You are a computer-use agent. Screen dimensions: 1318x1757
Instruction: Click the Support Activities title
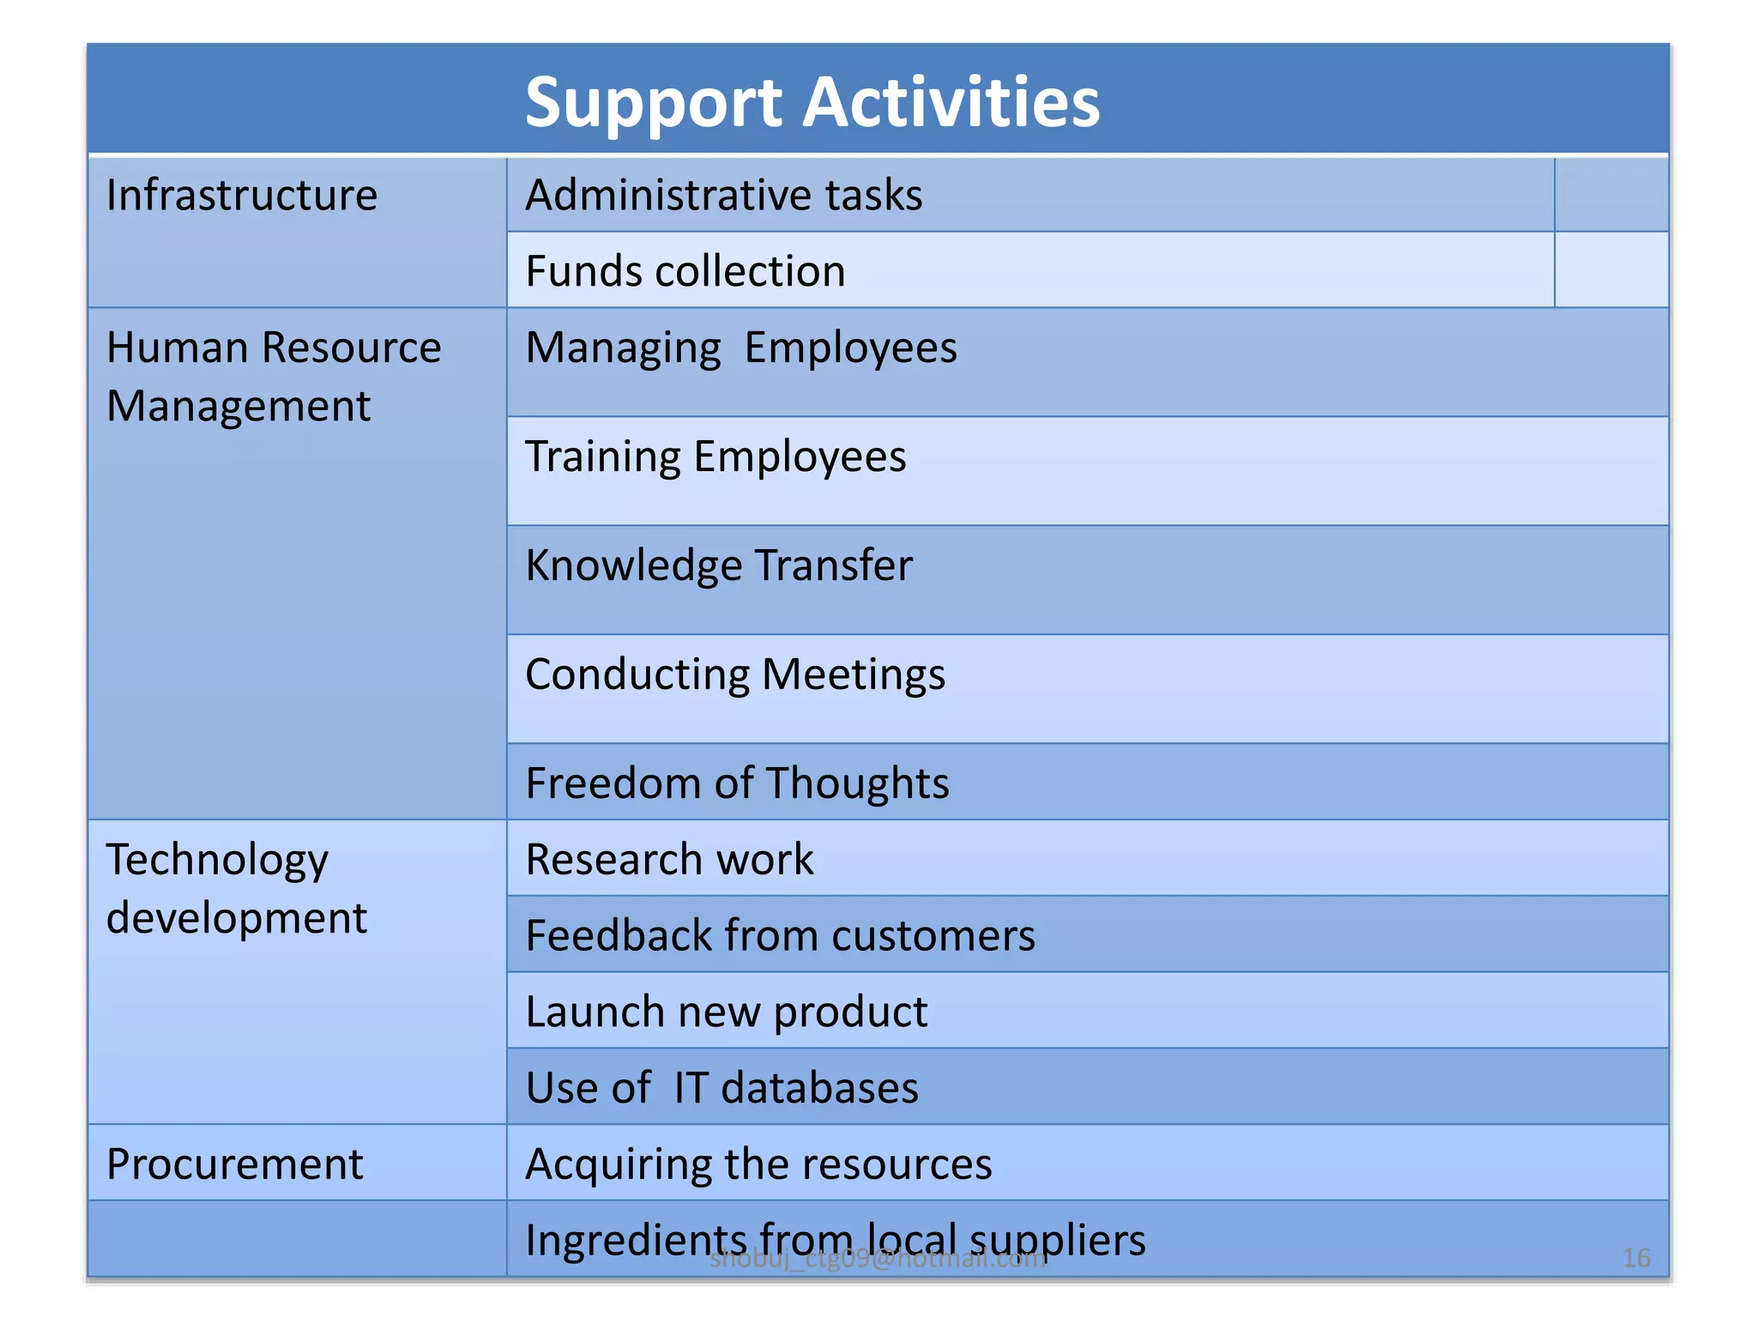[x=812, y=102]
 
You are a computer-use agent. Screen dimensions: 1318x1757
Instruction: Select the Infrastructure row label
[x=242, y=196]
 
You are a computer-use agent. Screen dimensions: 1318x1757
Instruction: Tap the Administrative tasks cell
[x=724, y=196]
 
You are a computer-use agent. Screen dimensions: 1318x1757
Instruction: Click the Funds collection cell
[x=685, y=271]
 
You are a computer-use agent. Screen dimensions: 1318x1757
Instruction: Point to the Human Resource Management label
[x=273, y=376]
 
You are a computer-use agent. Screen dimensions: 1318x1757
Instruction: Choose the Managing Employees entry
[x=741, y=348]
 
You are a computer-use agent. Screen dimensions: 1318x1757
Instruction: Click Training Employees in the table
[x=715, y=456]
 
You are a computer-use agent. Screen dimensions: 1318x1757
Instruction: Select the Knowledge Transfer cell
[x=719, y=565]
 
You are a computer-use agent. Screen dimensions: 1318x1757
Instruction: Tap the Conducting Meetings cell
[x=735, y=674]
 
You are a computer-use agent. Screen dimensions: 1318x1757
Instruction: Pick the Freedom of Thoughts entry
[x=737, y=783]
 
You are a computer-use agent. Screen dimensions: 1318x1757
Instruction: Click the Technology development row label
[x=236, y=888]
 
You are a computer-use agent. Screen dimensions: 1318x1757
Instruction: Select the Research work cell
[x=669, y=860]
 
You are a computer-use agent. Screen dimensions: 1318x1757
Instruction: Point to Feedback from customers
[x=780, y=935]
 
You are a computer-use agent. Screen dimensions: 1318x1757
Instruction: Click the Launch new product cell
[x=726, y=1012]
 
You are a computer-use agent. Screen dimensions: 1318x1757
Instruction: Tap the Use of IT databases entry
[x=722, y=1088]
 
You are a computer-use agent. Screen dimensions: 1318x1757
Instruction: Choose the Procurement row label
[x=234, y=1164]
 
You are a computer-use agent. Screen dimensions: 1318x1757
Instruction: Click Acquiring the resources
[x=758, y=1164]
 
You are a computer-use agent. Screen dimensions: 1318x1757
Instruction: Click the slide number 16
[x=1636, y=1258]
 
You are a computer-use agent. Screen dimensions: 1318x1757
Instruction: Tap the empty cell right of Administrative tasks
[x=1611, y=196]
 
